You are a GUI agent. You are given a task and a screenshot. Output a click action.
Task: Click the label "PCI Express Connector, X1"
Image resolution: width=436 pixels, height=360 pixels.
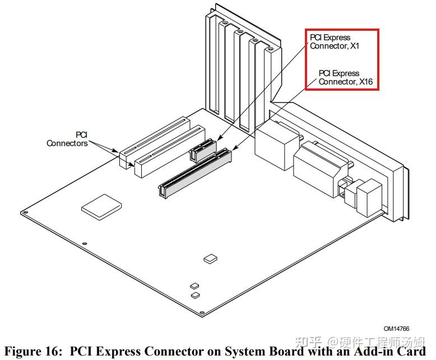334,41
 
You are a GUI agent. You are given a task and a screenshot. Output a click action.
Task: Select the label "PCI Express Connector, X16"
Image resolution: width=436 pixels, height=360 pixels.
345,77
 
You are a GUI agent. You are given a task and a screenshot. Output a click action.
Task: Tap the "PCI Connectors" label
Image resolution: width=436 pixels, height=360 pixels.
67,139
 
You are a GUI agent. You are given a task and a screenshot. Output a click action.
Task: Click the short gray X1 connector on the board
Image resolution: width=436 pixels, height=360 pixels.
203,151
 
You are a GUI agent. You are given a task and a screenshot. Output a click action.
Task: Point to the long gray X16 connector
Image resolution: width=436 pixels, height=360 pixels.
194,174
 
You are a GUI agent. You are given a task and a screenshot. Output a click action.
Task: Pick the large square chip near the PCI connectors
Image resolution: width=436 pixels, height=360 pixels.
101,207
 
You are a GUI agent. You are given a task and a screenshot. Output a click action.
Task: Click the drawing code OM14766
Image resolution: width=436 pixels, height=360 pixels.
396,329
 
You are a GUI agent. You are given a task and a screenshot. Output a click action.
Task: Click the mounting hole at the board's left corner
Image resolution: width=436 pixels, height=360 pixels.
25,213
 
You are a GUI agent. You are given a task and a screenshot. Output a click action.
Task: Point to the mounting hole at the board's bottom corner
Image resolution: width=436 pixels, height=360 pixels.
202,312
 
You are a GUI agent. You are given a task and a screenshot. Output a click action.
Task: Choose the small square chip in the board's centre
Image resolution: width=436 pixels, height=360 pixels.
210,258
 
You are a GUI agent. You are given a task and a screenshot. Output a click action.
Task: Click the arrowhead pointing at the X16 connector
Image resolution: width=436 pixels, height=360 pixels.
234,147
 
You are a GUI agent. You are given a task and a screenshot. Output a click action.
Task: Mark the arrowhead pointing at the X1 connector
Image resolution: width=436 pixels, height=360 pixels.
219,137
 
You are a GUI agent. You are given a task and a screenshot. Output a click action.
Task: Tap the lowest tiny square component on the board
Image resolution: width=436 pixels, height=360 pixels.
196,295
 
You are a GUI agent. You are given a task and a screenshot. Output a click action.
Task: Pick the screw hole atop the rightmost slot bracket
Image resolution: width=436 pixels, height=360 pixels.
270,49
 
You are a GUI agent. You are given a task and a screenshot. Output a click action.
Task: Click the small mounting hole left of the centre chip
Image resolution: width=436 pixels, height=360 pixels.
85,244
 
